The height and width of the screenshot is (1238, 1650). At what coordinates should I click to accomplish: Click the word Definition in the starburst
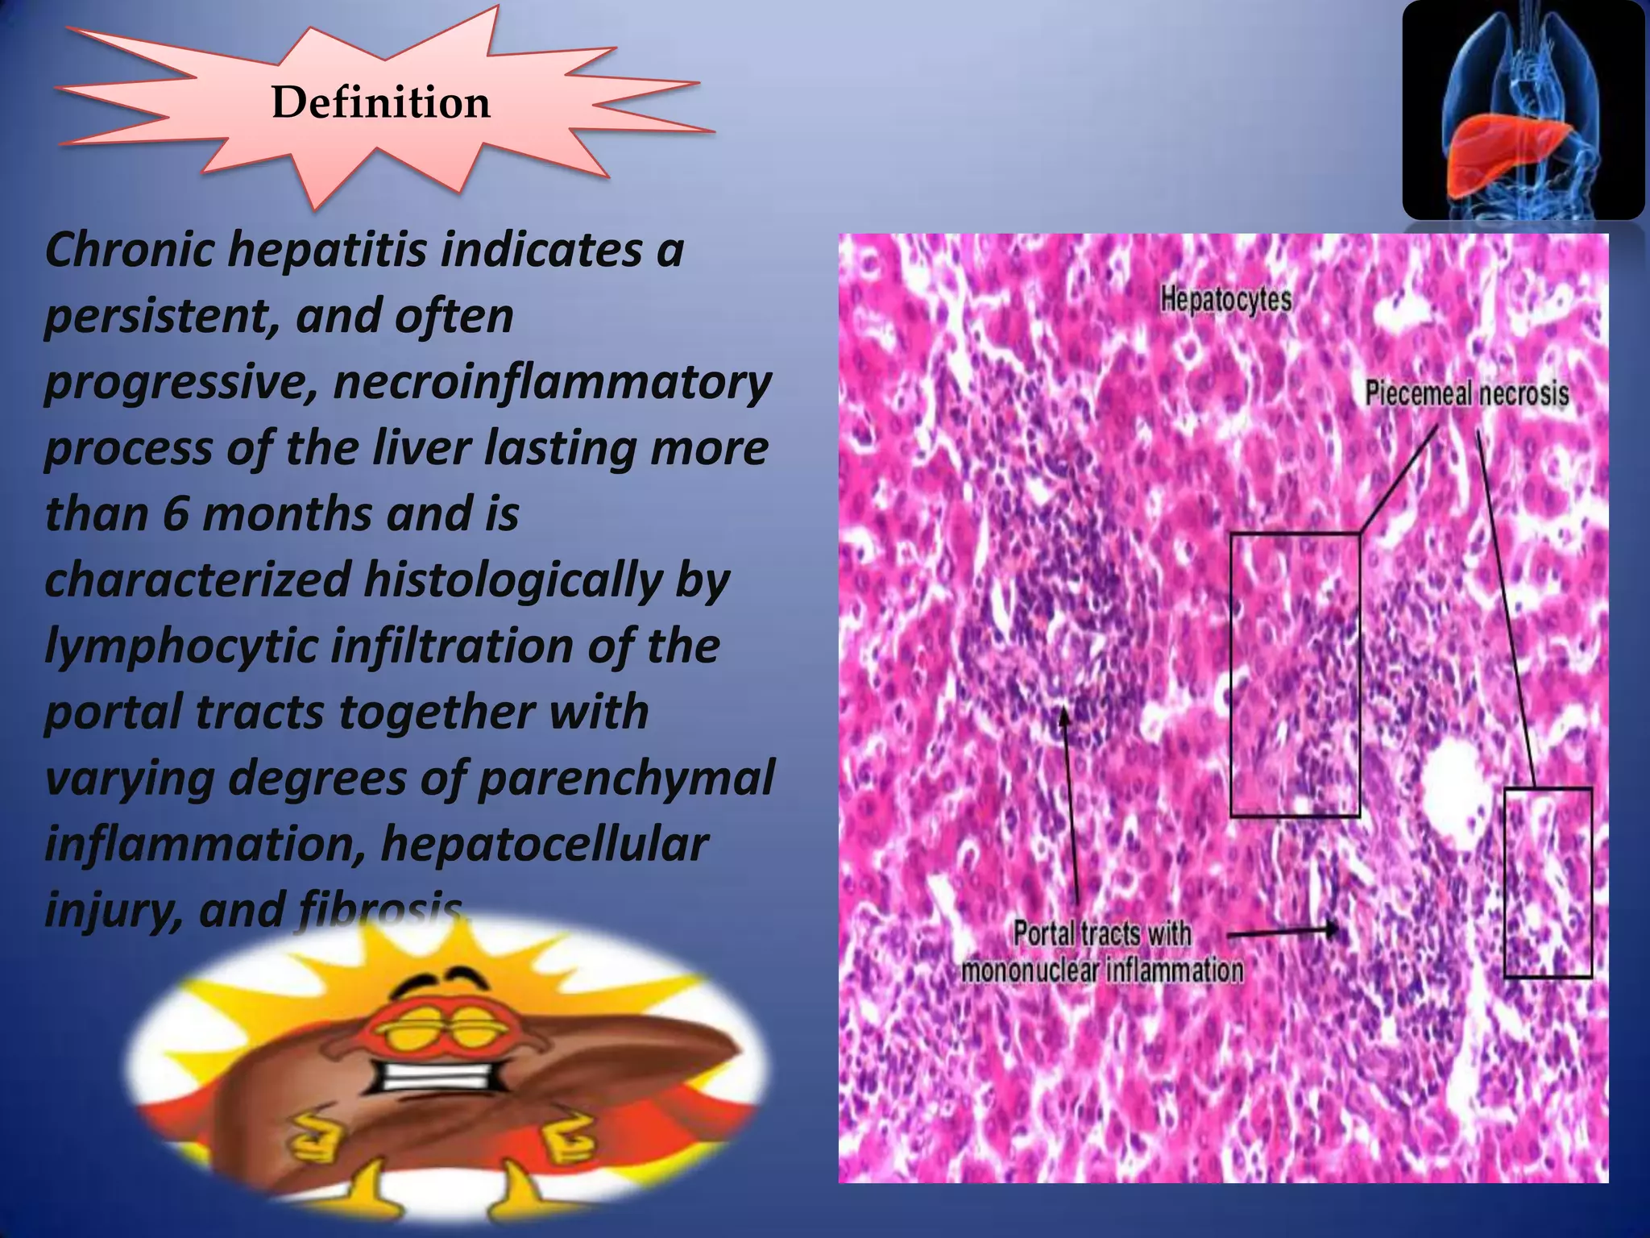click(380, 103)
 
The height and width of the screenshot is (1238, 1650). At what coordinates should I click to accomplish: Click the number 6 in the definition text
click(174, 513)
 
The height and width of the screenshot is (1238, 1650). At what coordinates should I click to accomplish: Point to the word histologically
click(512, 580)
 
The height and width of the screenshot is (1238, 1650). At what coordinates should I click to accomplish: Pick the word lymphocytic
click(181, 646)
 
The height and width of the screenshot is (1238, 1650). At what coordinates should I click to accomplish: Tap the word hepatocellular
click(545, 844)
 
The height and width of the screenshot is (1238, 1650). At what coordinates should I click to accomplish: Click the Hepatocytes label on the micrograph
click(1225, 300)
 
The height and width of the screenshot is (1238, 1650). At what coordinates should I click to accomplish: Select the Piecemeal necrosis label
click(1466, 393)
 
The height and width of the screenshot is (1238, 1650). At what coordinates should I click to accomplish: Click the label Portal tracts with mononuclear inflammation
click(1102, 952)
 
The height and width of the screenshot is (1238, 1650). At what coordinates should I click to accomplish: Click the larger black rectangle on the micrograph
click(1295, 675)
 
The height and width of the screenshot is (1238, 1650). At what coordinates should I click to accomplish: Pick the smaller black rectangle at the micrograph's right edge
click(1548, 883)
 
